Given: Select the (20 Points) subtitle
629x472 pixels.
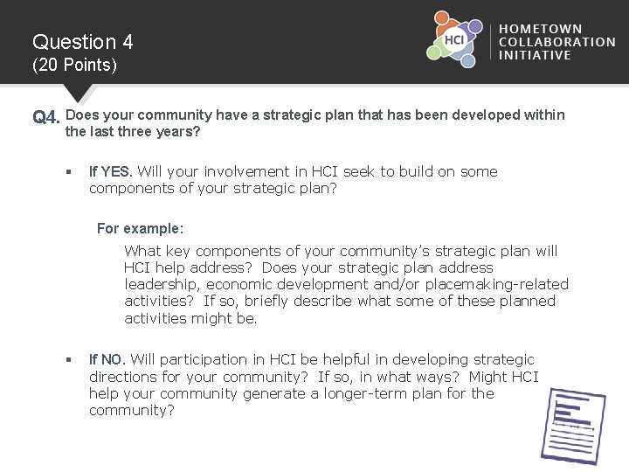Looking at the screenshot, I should tap(74, 66).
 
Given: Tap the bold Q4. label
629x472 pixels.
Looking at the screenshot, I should tap(47, 116).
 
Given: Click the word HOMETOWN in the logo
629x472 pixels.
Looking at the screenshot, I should tap(541, 30).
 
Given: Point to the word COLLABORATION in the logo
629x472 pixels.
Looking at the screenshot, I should tap(556, 42).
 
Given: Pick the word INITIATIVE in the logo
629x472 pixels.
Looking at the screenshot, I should tap(535, 54).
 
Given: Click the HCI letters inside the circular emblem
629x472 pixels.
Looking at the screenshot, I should tap(454, 39).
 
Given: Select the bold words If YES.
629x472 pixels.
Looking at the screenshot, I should tap(111, 172).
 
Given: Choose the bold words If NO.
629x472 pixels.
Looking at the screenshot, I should tap(108, 359).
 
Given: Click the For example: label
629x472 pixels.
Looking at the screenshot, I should tap(140, 228).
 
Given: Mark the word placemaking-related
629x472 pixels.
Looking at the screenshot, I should tap(496, 285).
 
